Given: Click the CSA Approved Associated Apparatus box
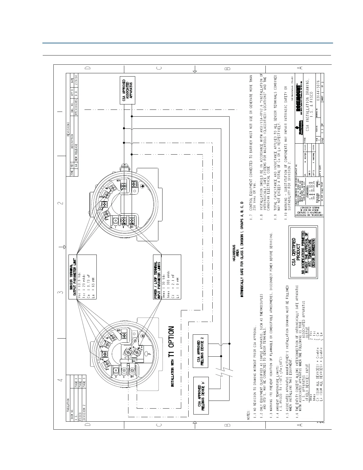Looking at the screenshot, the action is (x=128, y=90).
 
